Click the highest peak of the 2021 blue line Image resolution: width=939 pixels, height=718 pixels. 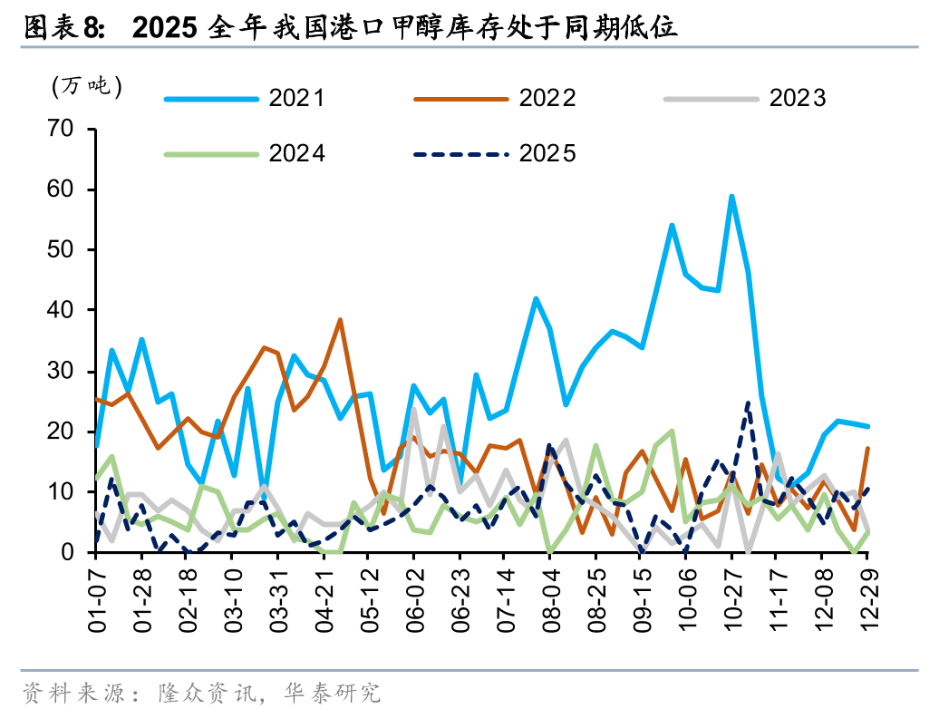tap(731, 196)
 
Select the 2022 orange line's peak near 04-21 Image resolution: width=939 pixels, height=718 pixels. tap(340, 319)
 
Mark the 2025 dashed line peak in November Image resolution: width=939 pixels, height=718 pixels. tap(748, 403)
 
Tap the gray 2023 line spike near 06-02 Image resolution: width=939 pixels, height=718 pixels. tap(414, 409)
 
